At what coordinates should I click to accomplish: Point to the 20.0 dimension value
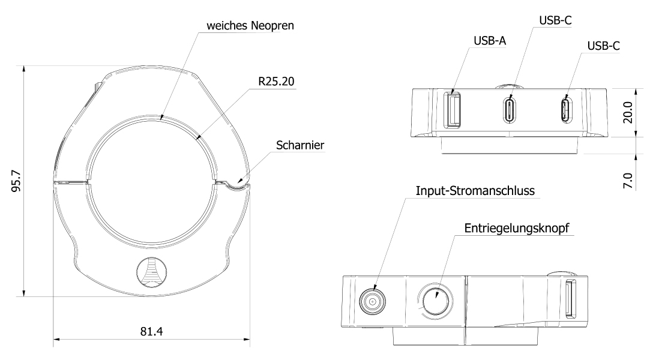click(628, 112)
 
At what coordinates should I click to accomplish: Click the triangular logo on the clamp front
click(152, 274)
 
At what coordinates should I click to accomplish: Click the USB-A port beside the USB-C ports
click(453, 109)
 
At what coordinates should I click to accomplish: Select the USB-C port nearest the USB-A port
click(510, 109)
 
